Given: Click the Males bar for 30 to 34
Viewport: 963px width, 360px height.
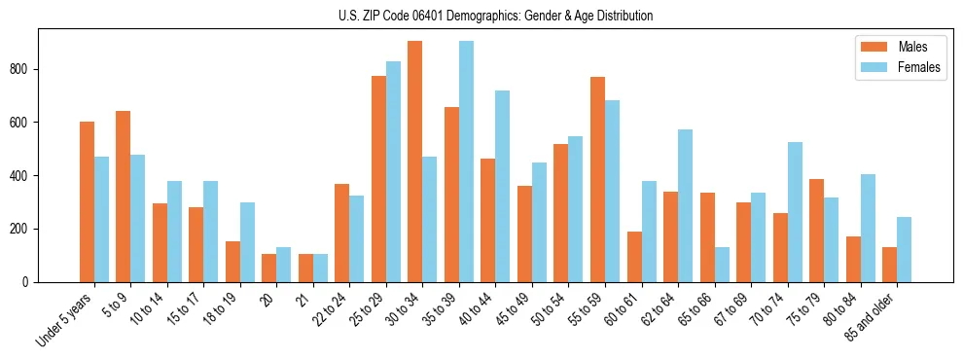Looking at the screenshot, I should point(415,162).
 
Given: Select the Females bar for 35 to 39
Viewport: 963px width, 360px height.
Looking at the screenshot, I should point(467,162).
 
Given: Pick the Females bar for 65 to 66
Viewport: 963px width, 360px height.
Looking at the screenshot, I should point(722,265).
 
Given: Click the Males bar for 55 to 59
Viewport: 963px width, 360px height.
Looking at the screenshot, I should point(597,179).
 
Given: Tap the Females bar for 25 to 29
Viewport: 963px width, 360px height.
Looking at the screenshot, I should point(394,171).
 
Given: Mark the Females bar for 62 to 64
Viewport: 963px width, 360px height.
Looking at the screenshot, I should point(686,205).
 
